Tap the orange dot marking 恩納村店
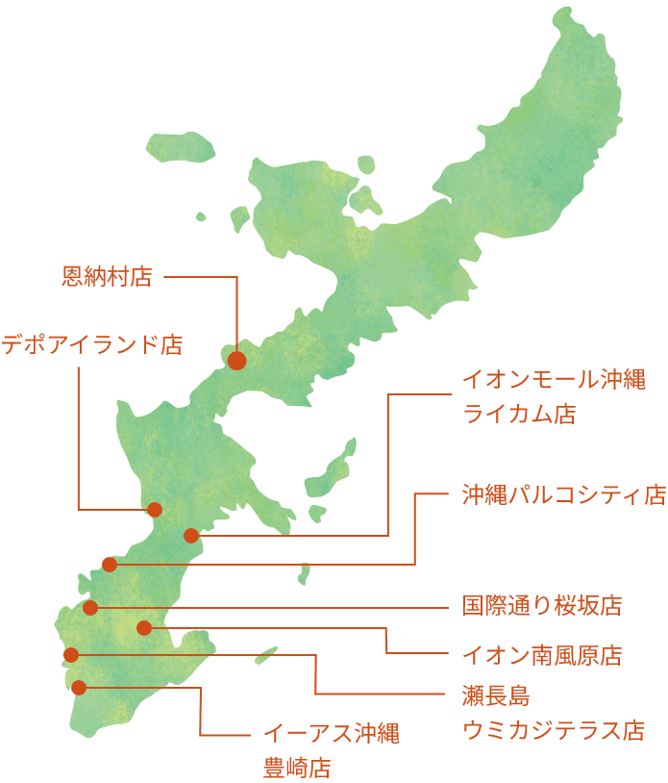(x=236, y=361)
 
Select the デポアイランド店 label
(x=91, y=344)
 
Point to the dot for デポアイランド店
(x=154, y=510)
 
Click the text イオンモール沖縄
(x=554, y=379)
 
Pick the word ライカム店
(x=519, y=415)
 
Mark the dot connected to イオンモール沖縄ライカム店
(x=190, y=536)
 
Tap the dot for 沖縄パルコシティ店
(x=109, y=565)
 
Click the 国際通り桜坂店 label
(x=541, y=606)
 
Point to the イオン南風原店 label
(x=541, y=656)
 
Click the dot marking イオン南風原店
(x=143, y=628)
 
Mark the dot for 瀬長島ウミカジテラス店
(x=70, y=655)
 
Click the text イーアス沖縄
(x=332, y=733)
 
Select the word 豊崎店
(x=297, y=769)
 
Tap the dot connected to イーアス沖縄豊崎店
(x=79, y=687)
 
